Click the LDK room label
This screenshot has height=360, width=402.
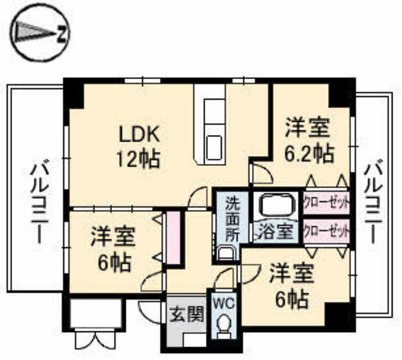coord(140,134)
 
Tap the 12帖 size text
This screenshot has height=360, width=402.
coord(139,159)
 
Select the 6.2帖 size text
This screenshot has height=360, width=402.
coord(309,154)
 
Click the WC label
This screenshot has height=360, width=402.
coord(224,304)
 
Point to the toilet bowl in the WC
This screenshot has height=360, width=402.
coord(224,326)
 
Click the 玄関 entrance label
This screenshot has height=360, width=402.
coord(187,314)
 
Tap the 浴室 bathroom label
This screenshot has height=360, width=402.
coord(276,231)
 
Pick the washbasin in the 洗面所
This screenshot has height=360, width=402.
coord(225,254)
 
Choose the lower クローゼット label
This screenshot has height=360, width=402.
coord(327,231)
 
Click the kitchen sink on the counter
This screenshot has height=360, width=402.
coord(213,148)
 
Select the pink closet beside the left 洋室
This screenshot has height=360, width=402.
coord(173,238)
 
